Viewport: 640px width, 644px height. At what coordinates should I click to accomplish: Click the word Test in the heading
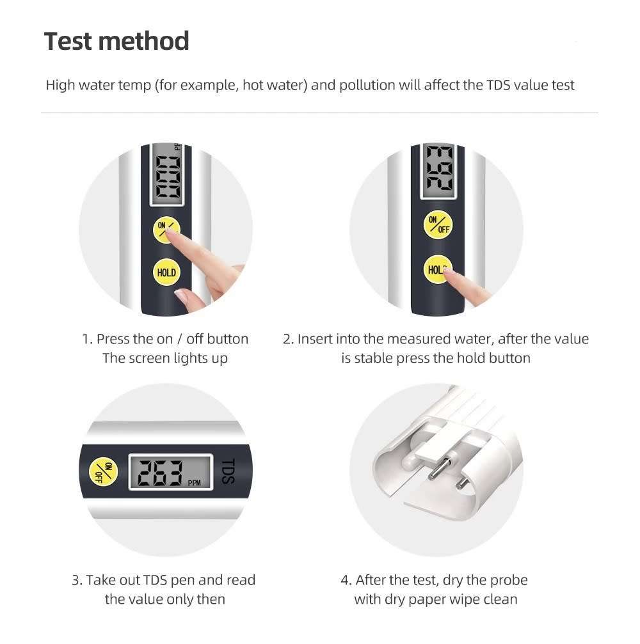pos(68,42)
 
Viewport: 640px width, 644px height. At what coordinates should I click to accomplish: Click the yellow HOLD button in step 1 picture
pos(166,272)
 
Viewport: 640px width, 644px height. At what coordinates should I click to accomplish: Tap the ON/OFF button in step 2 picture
pos(438,225)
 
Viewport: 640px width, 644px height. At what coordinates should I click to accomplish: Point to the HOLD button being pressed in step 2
pos(436,270)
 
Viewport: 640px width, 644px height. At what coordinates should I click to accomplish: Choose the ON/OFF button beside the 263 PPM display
pos(104,473)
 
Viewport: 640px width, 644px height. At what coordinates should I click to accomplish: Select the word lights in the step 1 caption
pos(191,358)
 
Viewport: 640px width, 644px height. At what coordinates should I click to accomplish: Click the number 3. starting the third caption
pos(77,580)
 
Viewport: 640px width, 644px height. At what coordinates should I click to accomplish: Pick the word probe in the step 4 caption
pos(509,580)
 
